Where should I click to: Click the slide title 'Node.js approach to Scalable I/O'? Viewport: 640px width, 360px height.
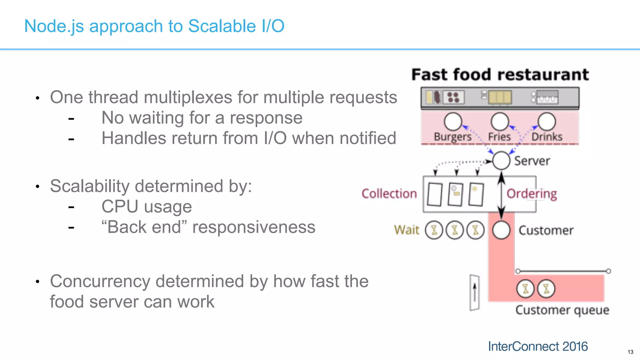[x=154, y=26]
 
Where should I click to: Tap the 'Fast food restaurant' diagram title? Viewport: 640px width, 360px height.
[x=500, y=75]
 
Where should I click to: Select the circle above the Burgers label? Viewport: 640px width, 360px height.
[x=453, y=122]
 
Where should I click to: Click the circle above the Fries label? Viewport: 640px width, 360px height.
[x=500, y=122]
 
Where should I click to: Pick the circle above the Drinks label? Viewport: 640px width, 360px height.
[x=547, y=122]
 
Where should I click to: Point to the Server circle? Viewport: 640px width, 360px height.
[x=501, y=161]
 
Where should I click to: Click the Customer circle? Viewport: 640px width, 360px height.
[x=501, y=230]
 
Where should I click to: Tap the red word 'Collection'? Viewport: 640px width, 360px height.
[x=389, y=194]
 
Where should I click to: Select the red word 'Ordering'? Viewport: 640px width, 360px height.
[x=532, y=194]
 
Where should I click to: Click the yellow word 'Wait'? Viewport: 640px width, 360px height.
[x=406, y=230]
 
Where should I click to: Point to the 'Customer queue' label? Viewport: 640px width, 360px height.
[x=562, y=310]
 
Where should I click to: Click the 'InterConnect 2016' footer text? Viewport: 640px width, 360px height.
[x=538, y=346]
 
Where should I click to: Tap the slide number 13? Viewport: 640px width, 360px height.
[x=630, y=352]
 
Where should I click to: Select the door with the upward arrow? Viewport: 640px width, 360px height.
[x=474, y=293]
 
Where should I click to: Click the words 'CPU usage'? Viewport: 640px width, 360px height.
[x=147, y=207]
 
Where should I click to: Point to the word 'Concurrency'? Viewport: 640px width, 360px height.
[x=100, y=281]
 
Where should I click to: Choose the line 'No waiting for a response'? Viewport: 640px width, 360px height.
[x=202, y=118]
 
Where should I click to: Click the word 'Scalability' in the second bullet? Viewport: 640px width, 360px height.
[x=89, y=186]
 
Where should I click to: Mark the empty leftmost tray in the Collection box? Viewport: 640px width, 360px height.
[x=434, y=194]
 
